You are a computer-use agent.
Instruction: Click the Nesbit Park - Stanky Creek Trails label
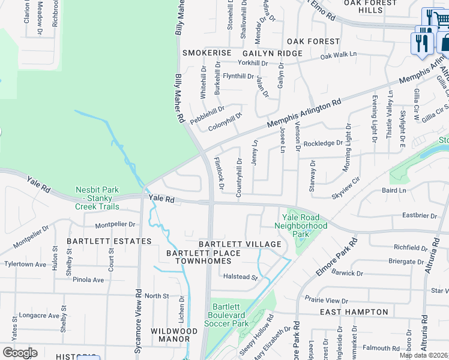97,198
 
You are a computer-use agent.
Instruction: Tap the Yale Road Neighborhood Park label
301,226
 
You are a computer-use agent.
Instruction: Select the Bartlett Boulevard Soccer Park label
228,315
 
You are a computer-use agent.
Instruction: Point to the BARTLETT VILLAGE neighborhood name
240,244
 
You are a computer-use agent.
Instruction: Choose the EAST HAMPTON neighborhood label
354,312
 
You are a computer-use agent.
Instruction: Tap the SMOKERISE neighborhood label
206,53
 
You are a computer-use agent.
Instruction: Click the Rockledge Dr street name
323,143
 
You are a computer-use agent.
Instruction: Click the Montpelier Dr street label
115,225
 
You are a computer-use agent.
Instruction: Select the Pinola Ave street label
88,280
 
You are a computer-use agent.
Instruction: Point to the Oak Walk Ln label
338,55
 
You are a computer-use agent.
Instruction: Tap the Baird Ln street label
394,190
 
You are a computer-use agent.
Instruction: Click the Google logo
20,353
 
